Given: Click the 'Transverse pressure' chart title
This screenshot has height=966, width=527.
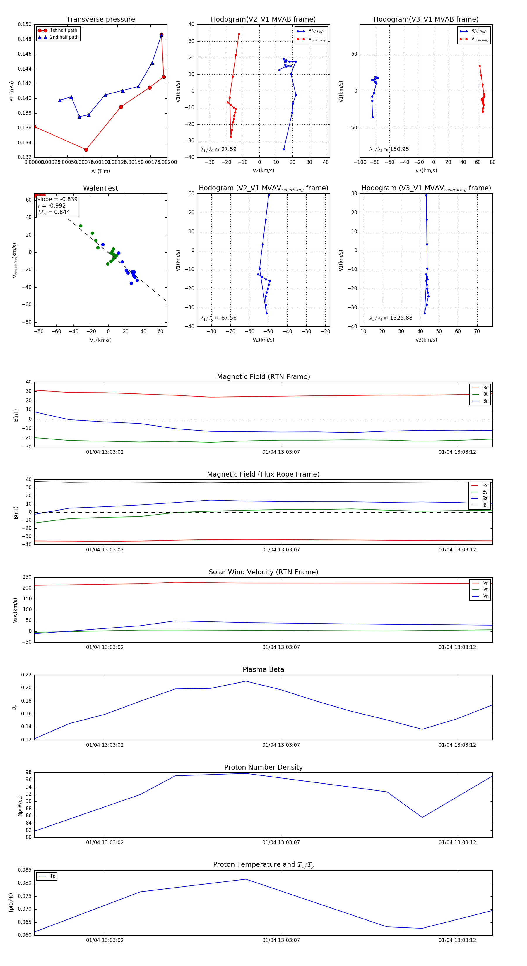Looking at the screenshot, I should (100, 20).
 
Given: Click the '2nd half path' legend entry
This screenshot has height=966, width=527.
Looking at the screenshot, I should (64, 37).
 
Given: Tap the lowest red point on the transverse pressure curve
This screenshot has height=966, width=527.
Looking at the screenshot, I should (86, 150).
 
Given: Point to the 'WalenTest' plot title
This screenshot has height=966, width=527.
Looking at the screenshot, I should (100, 188).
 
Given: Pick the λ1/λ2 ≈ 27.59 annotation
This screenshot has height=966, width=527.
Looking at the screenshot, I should (219, 149).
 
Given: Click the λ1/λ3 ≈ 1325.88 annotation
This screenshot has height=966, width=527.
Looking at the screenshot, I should (391, 318).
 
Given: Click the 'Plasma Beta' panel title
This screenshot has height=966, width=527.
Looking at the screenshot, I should (263, 670).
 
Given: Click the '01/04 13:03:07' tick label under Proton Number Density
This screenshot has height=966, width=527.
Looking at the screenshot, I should (281, 843).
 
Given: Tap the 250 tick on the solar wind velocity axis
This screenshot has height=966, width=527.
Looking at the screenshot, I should (27, 577).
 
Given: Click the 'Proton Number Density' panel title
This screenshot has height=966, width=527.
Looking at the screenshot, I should (263, 767).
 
